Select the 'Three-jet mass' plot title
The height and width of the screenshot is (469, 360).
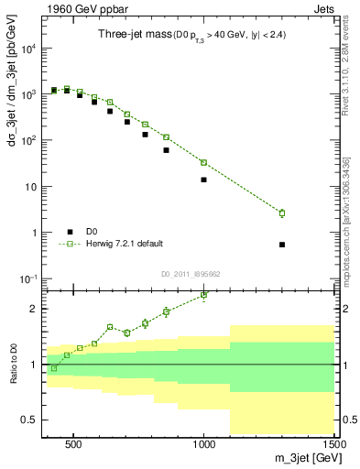[x=135, y=35]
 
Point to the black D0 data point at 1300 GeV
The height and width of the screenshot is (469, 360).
[x=282, y=245]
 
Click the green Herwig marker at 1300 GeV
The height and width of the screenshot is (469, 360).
[x=282, y=213]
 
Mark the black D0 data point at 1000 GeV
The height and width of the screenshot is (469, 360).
[x=203, y=180]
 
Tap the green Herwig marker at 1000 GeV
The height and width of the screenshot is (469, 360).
[x=203, y=162]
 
